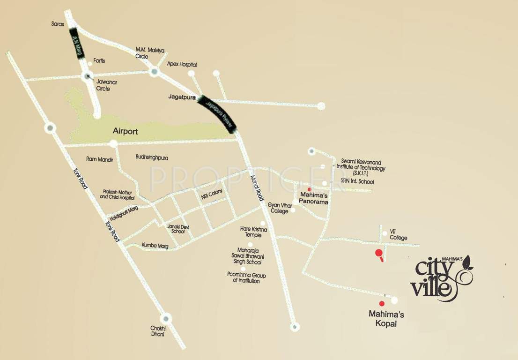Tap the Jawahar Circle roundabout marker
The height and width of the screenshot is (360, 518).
(x=86, y=76)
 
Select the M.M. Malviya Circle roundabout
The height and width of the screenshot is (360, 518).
(x=154, y=72)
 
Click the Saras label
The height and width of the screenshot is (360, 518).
(x=57, y=22)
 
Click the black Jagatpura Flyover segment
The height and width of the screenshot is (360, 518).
(x=218, y=113)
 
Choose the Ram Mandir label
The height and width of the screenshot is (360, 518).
(x=100, y=159)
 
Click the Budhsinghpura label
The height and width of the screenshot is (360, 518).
(x=152, y=157)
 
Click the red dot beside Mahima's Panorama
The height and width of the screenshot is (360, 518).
(x=309, y=189)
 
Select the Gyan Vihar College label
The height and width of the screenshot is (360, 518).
(x=278, y=208)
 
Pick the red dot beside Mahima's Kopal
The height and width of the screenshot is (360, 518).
(x=382, y=304)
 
